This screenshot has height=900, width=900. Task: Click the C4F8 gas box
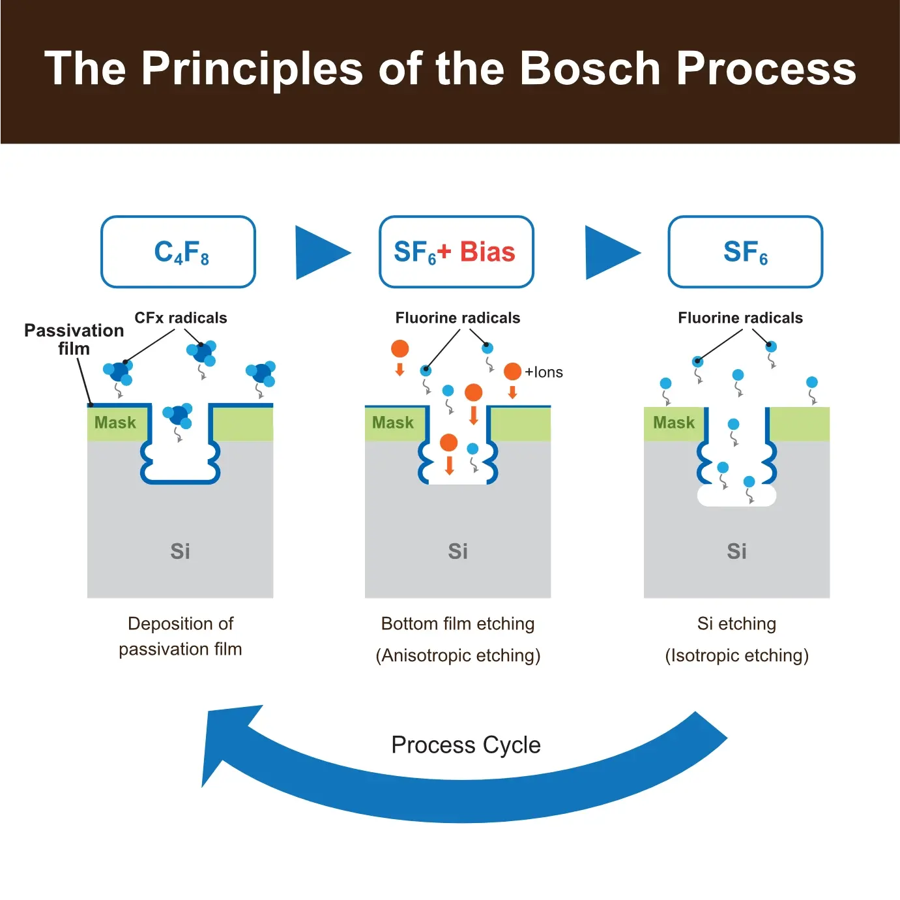click(178, 252)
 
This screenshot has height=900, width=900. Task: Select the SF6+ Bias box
click(456, 252)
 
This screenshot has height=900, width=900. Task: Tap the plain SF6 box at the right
click(745, 252)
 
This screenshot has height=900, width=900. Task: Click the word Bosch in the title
click(590, 68)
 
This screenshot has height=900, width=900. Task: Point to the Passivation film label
click(74, 339)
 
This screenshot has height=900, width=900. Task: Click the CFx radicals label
click(181, 318)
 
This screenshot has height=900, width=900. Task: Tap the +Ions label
click(544, 372)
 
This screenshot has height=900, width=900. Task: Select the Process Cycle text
click(465, 745)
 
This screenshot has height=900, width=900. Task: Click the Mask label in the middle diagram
click(392, 423)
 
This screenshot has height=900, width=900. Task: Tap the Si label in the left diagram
click(180, 552)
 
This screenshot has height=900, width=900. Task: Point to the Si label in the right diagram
click(736, 552)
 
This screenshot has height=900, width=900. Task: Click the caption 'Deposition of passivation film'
click(181, 636)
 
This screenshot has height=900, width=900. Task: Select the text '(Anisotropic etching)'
click(457, 655)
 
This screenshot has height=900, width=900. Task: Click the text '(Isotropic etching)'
click(736, 655)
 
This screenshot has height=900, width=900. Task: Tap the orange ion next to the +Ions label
click(512, 371)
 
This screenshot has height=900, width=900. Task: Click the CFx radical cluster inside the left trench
click(178, 415)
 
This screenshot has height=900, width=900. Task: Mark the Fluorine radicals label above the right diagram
click(740, 318)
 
